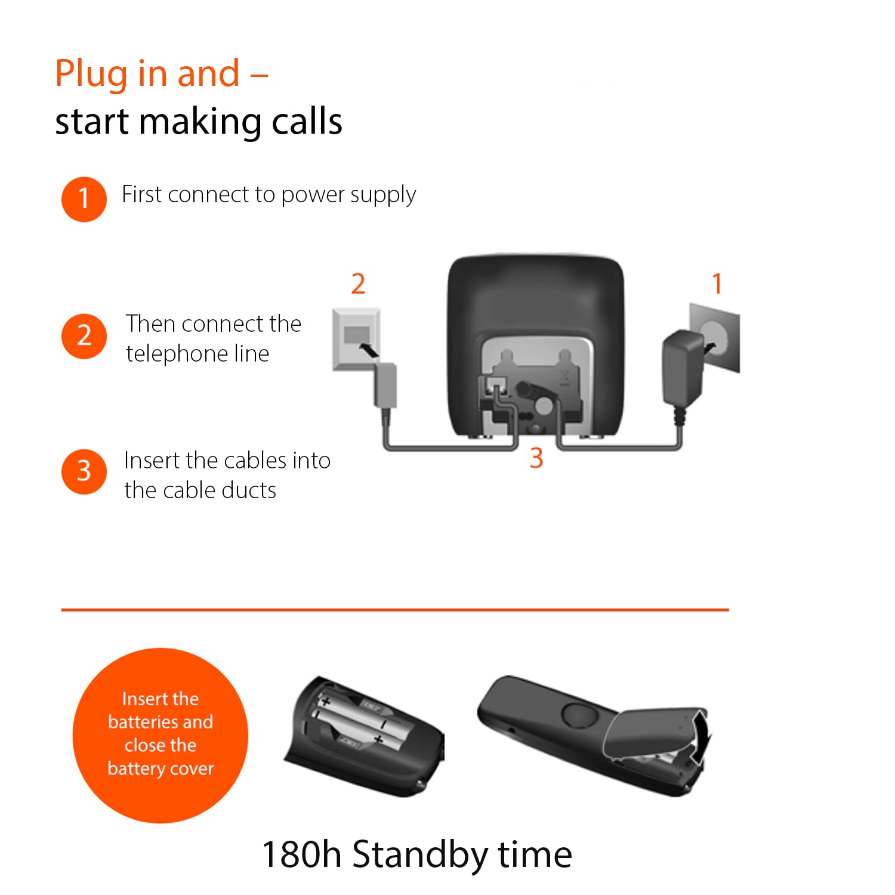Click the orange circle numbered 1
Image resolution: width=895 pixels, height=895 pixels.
84,199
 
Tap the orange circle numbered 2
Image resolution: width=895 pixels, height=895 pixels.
84,337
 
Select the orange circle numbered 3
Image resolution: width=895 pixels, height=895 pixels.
84,472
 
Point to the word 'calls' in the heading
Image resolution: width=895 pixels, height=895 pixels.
307,122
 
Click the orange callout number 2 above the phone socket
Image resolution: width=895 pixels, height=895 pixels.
358,284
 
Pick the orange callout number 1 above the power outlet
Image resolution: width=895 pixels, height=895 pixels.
717,284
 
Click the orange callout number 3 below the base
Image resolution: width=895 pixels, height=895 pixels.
536,458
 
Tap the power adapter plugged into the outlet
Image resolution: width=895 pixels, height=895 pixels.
683,369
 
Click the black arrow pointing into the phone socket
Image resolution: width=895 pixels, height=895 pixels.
369,350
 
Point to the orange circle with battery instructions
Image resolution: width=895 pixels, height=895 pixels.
160,735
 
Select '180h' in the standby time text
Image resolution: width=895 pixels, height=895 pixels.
301,854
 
